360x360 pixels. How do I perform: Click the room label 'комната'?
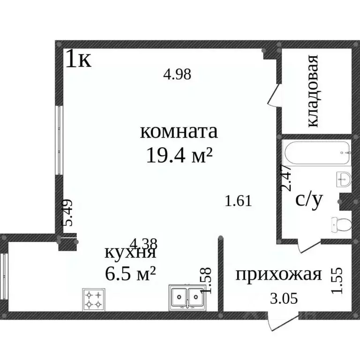click(x=179, y=132)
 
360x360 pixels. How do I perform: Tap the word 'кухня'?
click(x=130, y=253)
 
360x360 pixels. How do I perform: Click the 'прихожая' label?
click(x=278, y=274)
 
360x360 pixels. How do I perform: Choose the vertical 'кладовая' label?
click(x=313, y=91)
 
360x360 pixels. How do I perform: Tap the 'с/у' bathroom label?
click(x=309, y=200)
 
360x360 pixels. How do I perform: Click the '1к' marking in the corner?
click(x=78, y=60)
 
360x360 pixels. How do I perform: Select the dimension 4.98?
click(x=177, y=74)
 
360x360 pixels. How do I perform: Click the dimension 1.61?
click(x=239, y=202)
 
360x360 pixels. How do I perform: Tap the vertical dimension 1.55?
click(x=337, y=280)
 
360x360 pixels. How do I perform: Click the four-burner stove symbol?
click(x=93, y=299)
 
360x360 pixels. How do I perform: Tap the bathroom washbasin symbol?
click(x=344, y=179)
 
